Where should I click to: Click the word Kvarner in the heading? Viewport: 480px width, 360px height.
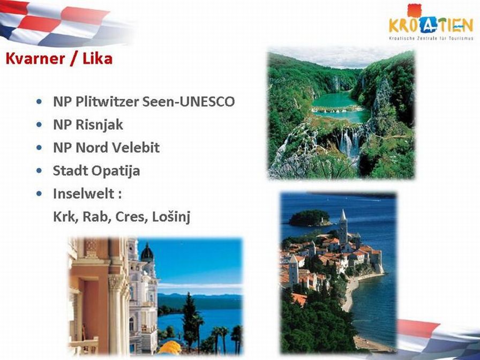tap(35, 58)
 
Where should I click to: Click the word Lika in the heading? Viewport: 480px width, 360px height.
tap(97, 58)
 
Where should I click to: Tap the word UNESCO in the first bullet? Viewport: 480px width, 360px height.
tap(207, 102)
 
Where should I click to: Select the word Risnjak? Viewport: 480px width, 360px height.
tap(99, 125)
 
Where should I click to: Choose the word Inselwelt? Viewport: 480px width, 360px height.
tap(84, 193)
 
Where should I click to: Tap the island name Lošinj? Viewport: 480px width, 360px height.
tap(171, 217)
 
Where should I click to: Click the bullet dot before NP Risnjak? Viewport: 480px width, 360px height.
tap(39, 125)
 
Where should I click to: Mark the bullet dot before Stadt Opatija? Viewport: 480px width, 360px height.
tap(39, 170)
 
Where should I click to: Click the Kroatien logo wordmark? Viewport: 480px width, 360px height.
tap(431, 26)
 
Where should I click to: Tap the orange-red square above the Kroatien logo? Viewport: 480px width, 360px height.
tap(415, 10)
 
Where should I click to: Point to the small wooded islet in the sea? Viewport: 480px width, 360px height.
tap(310, 218)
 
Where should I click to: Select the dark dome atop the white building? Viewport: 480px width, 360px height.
tap(147, 253)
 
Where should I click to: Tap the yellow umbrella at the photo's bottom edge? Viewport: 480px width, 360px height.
tap(169, 348)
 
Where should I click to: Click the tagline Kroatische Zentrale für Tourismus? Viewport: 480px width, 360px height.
tap(431, 39)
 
